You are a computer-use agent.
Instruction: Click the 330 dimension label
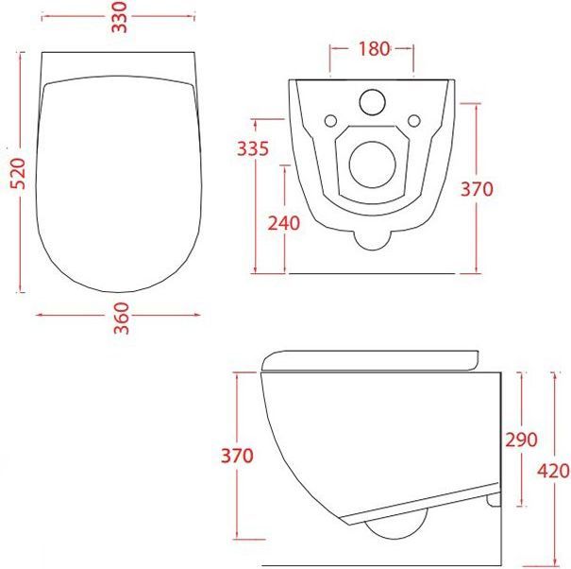click(120, 17)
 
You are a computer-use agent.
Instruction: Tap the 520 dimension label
click(18, 174)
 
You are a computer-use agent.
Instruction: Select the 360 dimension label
click(122, 319)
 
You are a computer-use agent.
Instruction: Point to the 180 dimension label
click(374, 49)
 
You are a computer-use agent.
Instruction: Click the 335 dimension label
click(253, 148)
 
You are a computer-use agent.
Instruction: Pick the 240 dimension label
click(284, 223)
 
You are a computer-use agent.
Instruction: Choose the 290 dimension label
click(521, 440)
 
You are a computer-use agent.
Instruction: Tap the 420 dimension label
click(553, 471)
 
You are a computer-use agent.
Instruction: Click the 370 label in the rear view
click(477, 189)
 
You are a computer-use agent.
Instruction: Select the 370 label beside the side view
click(237, 456)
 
